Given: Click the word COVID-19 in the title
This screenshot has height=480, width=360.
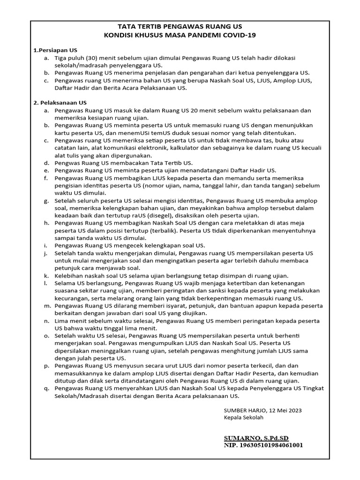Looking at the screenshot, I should tap(240, 35).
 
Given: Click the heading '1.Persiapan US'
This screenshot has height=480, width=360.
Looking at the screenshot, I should tap(55, 50).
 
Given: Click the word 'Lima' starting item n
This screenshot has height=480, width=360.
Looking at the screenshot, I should tap(62, 321).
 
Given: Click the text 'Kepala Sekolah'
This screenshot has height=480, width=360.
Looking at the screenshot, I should tap(244, 417).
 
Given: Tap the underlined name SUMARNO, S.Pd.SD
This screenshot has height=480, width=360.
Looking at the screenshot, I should tap(256, 438).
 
